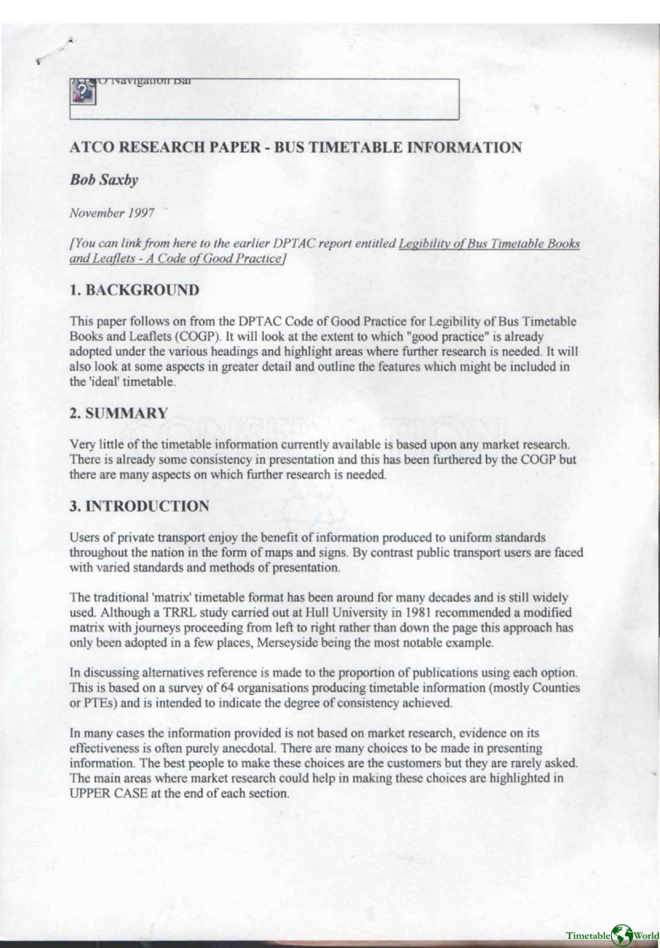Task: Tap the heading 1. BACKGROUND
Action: pyautogui.click(x=135, y=290)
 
